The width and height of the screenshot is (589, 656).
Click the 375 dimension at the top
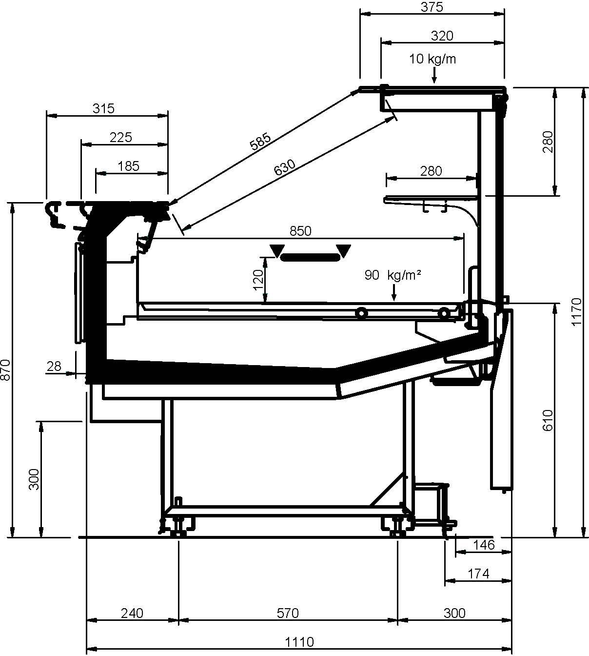coord(432,7)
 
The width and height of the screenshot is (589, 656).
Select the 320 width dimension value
coord(442,36)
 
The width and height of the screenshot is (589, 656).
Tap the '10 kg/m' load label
coord(432,59)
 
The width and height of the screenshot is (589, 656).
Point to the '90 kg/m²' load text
coord(393,275)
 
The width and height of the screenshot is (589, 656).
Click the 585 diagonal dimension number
coord(260,141)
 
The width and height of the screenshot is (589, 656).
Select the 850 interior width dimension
coord(300,231)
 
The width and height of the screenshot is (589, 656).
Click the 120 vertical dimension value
coord(258,280)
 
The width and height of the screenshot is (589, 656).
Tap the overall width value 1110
coord(299,642)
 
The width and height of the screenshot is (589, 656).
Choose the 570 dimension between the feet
coord(288,613)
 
